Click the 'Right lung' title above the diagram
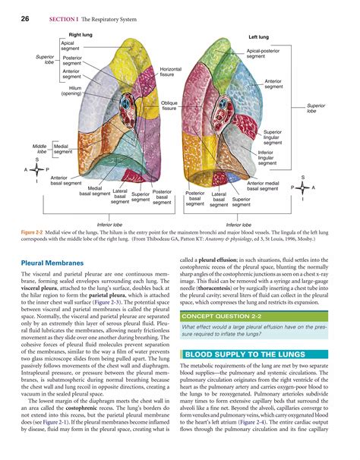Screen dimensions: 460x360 point(81,35)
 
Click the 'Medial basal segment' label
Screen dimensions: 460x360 point(95,191)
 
